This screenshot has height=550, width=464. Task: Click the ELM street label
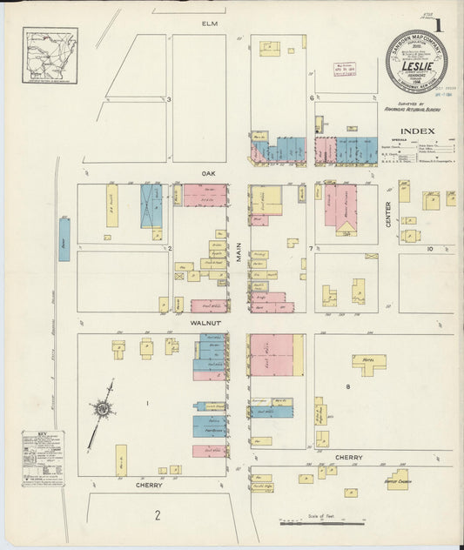(x=209, y=23)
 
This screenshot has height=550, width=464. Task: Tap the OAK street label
(x=208, y=173)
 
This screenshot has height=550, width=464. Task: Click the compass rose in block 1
(x=103, y=408)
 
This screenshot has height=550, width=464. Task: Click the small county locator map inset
(x=50, y=56)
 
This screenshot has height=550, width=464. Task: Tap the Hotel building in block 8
(x=369, y=363)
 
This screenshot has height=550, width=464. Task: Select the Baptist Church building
(x=398, y=479)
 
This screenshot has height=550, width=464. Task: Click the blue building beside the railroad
(x=64, y=238)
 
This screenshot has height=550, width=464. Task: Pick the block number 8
(x=347, y=385)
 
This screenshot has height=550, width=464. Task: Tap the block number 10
(x=429, y=249)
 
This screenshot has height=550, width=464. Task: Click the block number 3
(x=170, y=99)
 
